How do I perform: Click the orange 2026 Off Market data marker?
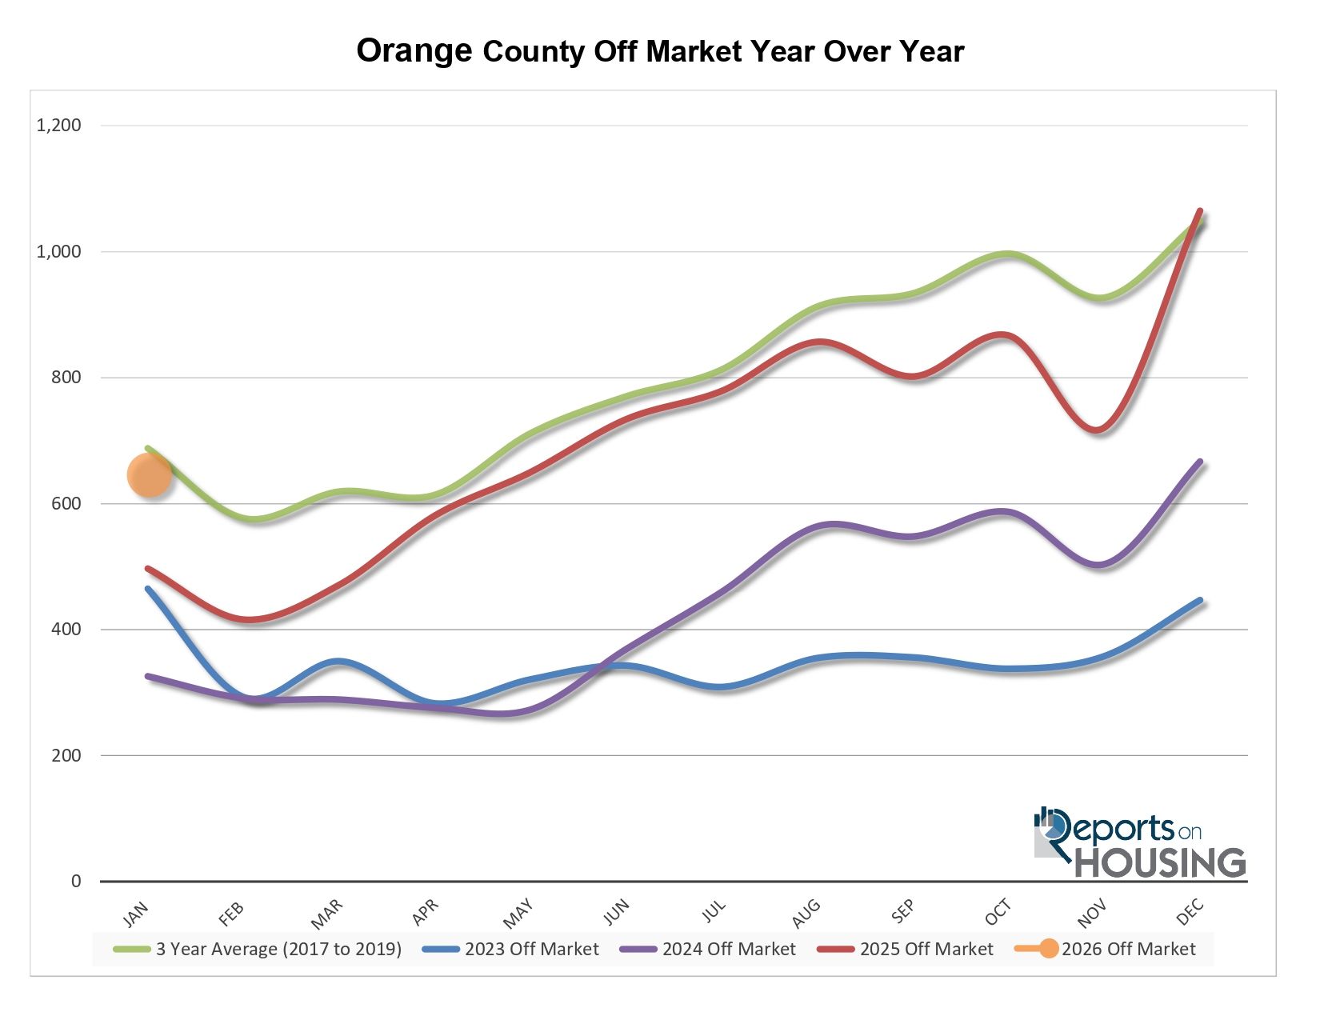click(150, 475)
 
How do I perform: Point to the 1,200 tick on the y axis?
click(59, 125)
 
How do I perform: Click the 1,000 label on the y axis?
click(59, 251)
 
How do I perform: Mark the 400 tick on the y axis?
click(66, 629)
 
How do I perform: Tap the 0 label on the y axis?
click(76, 881)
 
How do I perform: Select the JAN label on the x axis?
click(137, 913)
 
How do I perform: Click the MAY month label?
click(519, 913)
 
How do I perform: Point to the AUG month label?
click(806, 913)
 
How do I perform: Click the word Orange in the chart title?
click(414, 50)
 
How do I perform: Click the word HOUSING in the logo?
click(1159, 862)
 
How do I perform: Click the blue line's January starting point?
click(148, 589)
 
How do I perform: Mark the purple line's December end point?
click(1200, 462)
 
